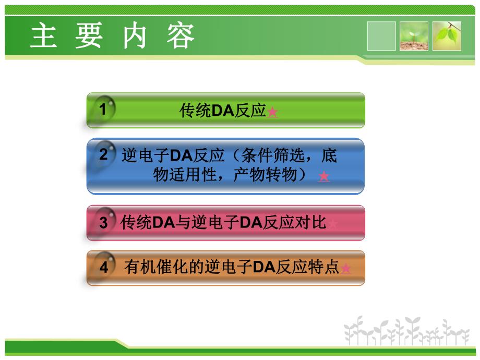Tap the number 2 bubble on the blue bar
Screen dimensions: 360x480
tap(103, 154)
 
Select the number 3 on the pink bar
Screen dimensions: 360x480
tap(103, 223)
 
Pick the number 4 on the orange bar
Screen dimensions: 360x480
tap(104, 268)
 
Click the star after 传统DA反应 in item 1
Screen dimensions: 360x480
tap(272, 112)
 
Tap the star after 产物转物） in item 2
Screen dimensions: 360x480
tap(324, 177)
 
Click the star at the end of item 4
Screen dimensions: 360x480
tap(345, 269)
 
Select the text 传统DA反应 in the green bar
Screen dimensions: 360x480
tap(223, 111)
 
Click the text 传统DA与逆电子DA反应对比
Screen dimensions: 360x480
tap(223, 223)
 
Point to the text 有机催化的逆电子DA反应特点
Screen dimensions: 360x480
tap(232, 268)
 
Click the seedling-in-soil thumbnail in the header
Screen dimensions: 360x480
tap(414, 36)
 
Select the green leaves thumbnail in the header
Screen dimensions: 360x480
tap(447, 36)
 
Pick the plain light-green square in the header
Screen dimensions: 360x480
tap(381, 36)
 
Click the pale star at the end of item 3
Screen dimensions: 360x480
tap(333, 224)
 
